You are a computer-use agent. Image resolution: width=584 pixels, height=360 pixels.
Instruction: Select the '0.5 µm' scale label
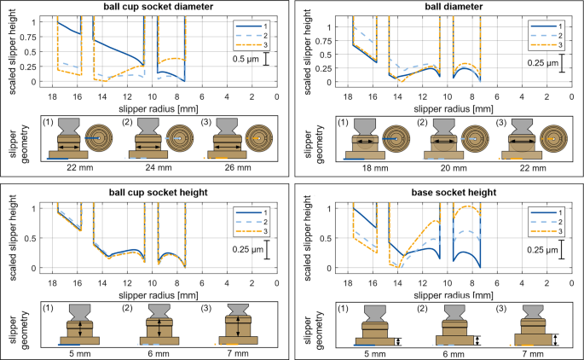247,61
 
